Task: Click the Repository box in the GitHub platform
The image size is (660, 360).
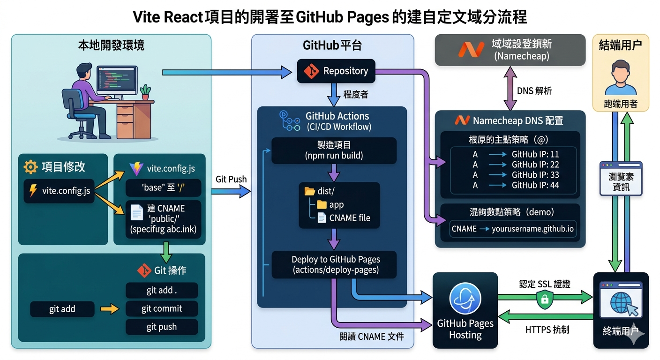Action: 336,71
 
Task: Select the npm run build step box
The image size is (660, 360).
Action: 334,150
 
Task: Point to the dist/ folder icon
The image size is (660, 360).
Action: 310,191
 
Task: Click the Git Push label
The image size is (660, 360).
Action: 231,179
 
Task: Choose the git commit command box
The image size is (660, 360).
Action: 162,308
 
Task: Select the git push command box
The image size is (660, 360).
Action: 162,327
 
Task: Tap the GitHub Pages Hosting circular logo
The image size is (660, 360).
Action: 465,299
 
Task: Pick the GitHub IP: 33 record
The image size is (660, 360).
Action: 535,175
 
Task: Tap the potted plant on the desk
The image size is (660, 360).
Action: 146,91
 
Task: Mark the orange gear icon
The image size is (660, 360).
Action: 30,166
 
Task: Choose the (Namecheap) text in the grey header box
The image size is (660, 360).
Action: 521,57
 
